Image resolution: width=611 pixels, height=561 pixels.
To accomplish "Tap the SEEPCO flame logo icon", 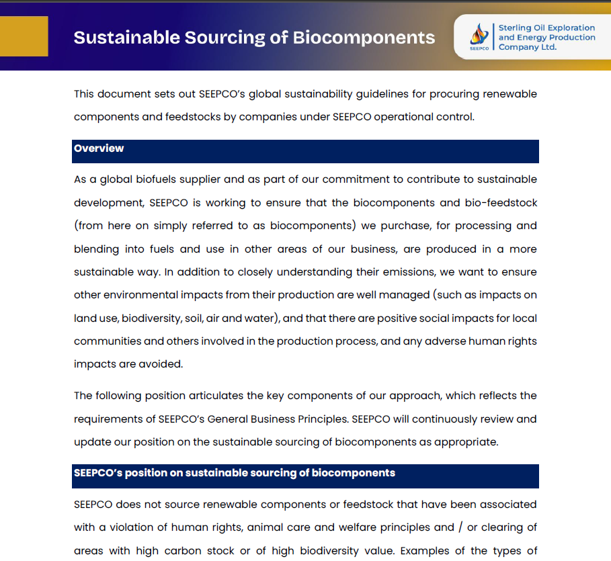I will pyautogui.click(x=479, y=34).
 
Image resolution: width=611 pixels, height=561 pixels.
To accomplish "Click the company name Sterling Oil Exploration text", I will pyautogui.click(x=546, y=28).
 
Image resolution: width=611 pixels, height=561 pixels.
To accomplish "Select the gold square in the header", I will pyautogui.click(x=24, y=36).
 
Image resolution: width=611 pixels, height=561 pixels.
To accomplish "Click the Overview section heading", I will pyautogui.click(x=99, y=148).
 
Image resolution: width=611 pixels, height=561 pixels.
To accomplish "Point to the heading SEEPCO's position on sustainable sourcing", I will pyautogui.click(x=235, y=473).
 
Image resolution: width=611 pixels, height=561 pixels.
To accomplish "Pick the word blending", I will pyautogui.click(x=96, y=249).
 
